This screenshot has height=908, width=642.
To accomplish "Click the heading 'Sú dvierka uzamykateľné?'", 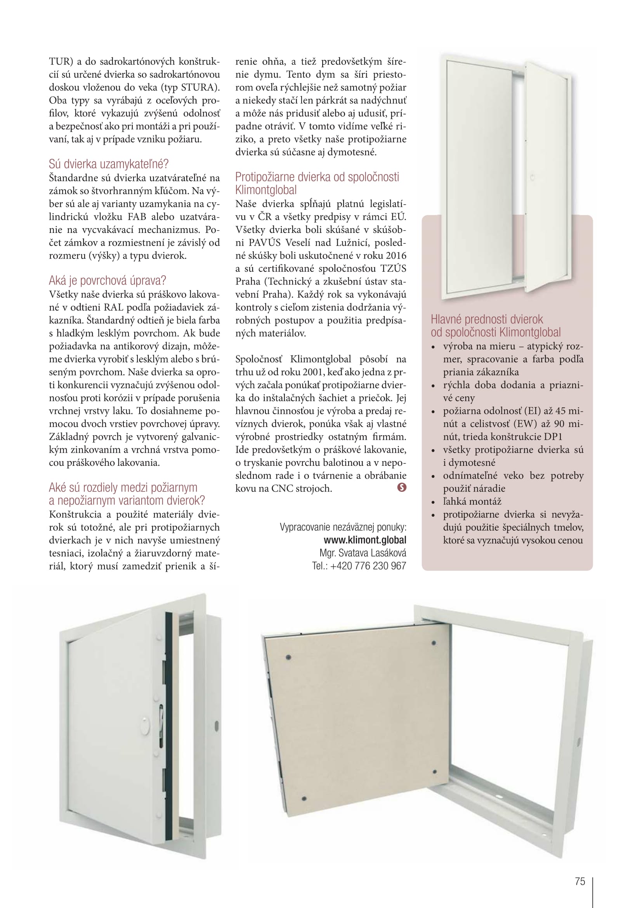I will (x=109, y=164).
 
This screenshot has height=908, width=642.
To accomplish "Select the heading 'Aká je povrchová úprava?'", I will (x=107, y=281).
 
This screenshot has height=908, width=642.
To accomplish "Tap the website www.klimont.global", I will (x=364, y=540).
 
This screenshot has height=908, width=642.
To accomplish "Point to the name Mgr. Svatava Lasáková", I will (x=363, y=553).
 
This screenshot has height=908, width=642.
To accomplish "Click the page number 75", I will (x=580, y=882).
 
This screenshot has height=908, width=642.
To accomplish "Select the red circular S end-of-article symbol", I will (x=402, y=488).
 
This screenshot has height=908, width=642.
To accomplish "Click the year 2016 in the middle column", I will (x=396, y=256).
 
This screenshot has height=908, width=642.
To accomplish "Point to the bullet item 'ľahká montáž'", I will (x=472, y=502).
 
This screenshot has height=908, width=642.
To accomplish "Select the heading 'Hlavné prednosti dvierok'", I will (x=487, y=319).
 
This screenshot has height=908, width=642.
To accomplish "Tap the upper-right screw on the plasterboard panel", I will (x=434, y=643).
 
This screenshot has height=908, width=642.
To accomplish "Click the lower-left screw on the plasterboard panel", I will (x=304, y=799).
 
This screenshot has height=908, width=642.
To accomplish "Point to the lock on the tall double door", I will (x=532, y=177).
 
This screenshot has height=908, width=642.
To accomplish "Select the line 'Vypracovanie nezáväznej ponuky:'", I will (x=343, y=528).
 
